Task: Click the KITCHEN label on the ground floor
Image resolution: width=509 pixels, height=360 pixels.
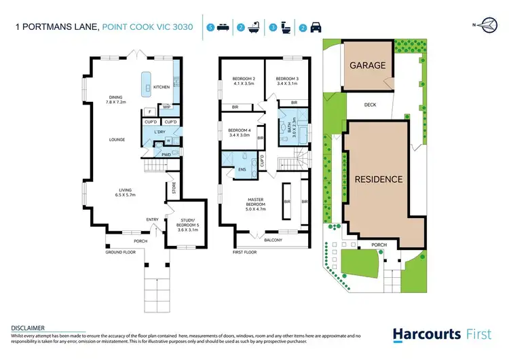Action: (161, 87)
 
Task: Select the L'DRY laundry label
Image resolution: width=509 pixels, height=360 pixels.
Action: (159, 131)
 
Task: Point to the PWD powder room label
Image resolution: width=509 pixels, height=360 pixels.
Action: (166, 154)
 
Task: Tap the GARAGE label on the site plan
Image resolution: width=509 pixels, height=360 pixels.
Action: (367, 66)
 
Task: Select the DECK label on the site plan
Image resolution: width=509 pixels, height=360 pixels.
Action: (370, 105)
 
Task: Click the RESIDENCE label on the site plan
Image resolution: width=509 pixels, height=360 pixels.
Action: (379, 179)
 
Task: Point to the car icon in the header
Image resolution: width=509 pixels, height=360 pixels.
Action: (315, 28)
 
